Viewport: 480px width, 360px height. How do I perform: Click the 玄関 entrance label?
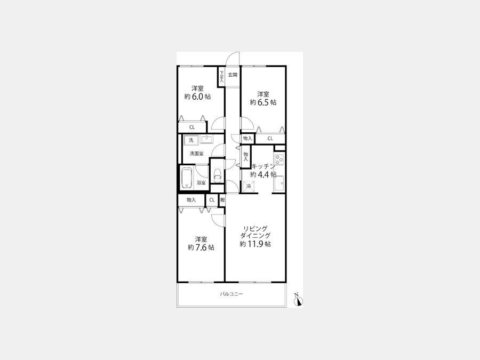pyautogui.click(x=233, y=75)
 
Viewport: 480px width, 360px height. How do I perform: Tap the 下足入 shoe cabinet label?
pyautogui.click(x=221, y=76)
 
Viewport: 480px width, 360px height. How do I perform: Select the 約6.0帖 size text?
pyautogui.click(x=197, y=97)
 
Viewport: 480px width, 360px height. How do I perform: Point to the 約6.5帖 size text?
pyautogui.click(x=263, y=102)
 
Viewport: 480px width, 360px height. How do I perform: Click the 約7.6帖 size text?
pyautogui.click(x=201, y=247)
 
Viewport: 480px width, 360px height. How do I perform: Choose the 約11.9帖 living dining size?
pyautogui.click(x=255, y=244)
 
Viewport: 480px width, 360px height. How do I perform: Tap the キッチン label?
pyautogui.click(x=263, y=166)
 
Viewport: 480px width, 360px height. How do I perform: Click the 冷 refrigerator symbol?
pyautogui.click(x=248, y=186)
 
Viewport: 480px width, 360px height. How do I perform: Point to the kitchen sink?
pyautogui.click(x=279, y=183)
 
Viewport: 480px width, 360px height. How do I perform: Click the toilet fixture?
pyautogui.click(x=217, y=175)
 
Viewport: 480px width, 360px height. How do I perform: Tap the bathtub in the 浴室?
pyautogui.click(x=187, y=178)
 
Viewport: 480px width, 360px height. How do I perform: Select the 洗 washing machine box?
pyautogui.click(x=191, y=140)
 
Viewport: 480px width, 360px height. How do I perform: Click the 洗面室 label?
pyautogui.click(x=196, y=154)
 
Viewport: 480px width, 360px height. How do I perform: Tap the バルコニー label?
pyautogui.click(x=231, y=294)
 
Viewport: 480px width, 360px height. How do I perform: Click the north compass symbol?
pyautogui.click(x=298, y=301)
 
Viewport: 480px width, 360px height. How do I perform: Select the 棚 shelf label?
pyautogui.click(x=222, y=200)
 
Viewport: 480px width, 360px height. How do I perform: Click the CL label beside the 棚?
pyautogui.click(x=212, y=200)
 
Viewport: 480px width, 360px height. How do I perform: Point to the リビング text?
pyautogui.click(x=255, y=229)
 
